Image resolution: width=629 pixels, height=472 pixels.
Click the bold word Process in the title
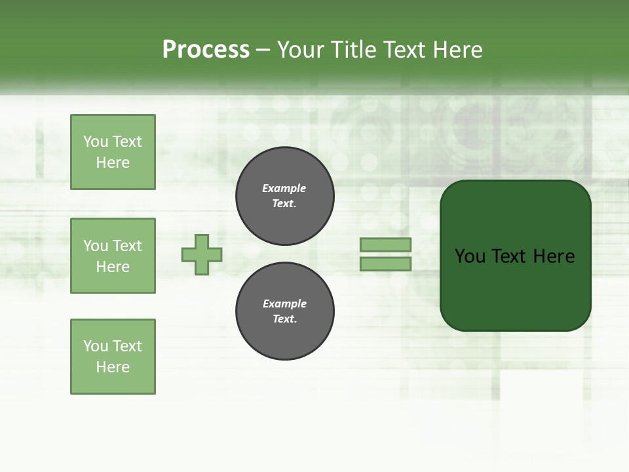pyautogui.click(x=206, y=50)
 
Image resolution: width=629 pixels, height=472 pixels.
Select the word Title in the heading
pyautogui.click(x=354, y=50)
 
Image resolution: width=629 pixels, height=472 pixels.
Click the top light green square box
pyautogui.click(x=113, y=152)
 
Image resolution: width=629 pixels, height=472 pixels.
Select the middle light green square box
pyautogui.click(x=113, y=256)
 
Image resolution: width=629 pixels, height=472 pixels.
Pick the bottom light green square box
pyautogui.click(x=113, y=357)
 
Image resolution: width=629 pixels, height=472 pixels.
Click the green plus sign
pyautogui.click(x=202, y=254)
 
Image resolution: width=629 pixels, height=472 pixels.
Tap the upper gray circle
pyautogui.click(x=285, y=196)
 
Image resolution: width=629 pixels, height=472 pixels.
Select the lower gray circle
pyautogui.click(x=285, y=311)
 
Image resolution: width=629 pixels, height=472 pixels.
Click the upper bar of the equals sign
pyautogui.click(x=385, y=245)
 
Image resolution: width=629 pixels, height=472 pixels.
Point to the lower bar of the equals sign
pyautogui.click(x=385, y=264)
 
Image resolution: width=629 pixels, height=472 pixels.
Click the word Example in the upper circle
pyautogui.click(x=284, y=189)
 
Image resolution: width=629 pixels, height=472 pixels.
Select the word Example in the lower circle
pyautogui.click(x=284, y=304)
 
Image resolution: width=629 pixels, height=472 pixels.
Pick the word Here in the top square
pyautogui.click(x=113, y=163)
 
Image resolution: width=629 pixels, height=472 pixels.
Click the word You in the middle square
pyautogui.click(x=95, y=246)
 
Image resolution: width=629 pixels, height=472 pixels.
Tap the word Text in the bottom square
pyautogui.click(x=126, y=346)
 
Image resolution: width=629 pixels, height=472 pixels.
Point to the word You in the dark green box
pyautogui.click(x=470, y=256)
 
